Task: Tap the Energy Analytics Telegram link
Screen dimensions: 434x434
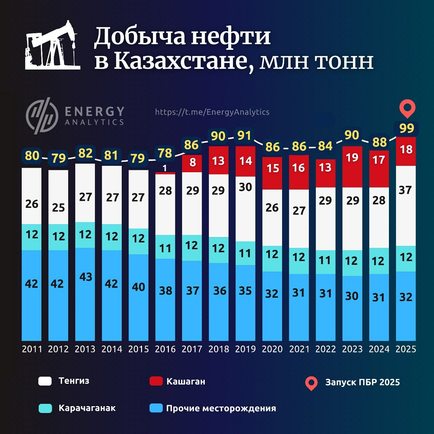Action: (x=212, y=112)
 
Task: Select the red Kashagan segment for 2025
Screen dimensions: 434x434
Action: (x=406, y=151)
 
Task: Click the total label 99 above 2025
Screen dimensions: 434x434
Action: (x=407, y=129)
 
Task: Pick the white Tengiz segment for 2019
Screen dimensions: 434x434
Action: (x=245, y=209)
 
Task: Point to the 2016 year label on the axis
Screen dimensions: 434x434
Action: (x=165, y=349)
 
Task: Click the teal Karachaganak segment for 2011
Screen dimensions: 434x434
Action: (x=32, y=237)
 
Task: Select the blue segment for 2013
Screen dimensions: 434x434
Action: (x=85, y=294)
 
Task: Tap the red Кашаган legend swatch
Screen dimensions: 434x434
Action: (x=156, y=381)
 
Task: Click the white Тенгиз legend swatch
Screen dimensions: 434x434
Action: (x=45, y=381)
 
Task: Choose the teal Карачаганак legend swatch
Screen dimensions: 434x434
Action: (x=45, y=408)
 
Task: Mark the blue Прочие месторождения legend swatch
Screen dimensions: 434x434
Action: (x=156, y=408)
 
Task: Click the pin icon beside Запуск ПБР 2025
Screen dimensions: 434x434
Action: (x=311, y=383)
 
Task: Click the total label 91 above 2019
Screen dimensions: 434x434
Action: (x=244, y=136)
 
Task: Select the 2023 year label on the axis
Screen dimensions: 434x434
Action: (x=352, y=349)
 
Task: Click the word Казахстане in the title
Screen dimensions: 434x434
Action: (x=183, y=61)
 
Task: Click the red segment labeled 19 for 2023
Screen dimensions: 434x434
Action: (x=352, y=166)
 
